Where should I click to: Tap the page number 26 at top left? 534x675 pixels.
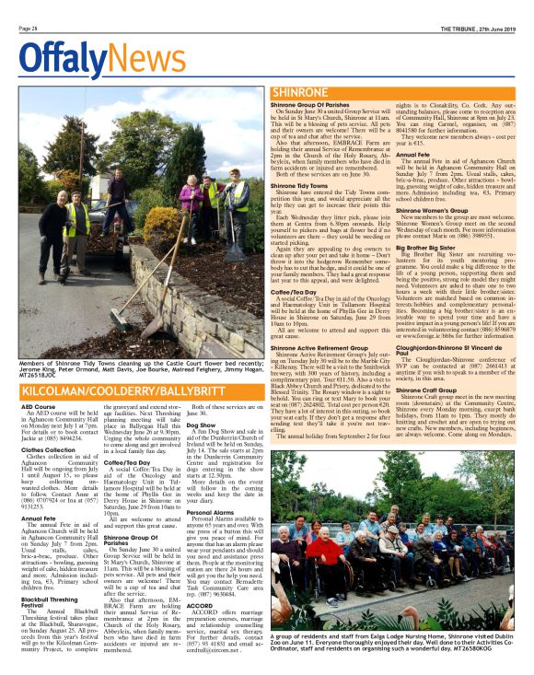click(27, 29)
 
